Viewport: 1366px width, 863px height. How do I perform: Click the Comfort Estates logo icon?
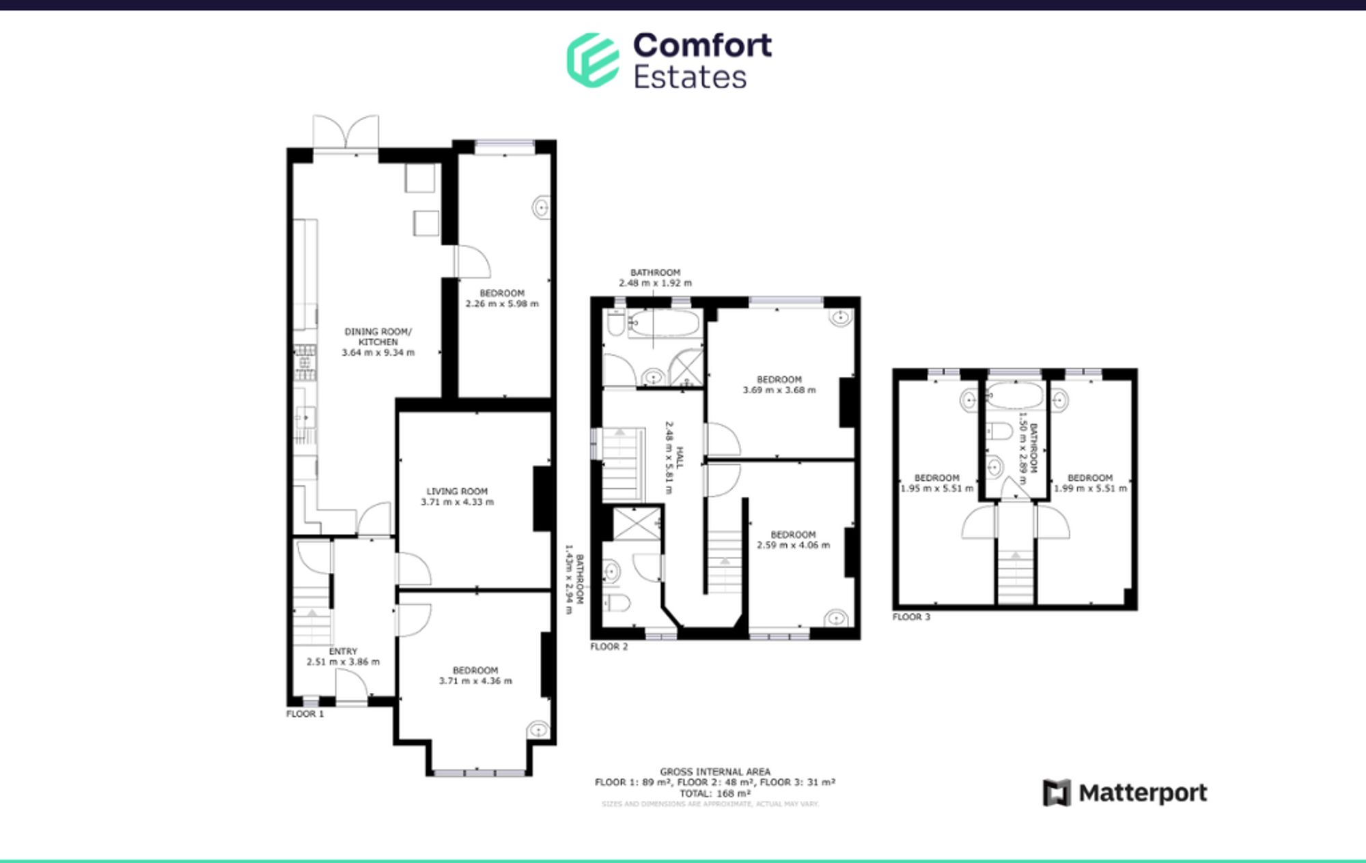point(593,60)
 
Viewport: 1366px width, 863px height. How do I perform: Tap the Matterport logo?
point(1125,793)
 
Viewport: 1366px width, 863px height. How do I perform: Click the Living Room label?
point(457,491)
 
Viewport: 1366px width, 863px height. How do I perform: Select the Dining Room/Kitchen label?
point(378,337)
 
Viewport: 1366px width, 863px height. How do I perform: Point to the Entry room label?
point(343,651)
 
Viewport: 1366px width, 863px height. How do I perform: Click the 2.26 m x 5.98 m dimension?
point(502,304)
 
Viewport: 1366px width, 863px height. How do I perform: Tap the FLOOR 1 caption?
point(305,713)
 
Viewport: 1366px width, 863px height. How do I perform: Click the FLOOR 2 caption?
point(609,646)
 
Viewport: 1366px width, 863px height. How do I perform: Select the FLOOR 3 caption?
point(911,617)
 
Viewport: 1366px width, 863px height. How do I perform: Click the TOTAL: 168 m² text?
point(714,793)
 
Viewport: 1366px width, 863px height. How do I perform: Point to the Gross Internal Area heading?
point(714,772)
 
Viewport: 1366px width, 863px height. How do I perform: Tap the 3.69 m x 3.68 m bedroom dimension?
point(779,390)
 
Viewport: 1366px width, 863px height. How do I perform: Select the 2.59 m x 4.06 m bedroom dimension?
point(793,545)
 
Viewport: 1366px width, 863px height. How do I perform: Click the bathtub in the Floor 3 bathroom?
point(1015,396)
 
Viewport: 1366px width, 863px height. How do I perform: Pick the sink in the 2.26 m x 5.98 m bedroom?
point(542,206)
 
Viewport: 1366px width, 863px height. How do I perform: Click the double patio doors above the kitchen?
point(346,132)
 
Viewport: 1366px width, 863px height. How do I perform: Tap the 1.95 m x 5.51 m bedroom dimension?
point(936,488)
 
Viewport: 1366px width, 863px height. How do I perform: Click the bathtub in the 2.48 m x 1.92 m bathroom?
point(664,323)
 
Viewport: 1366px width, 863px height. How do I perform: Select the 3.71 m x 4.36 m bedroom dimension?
point(475,681)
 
